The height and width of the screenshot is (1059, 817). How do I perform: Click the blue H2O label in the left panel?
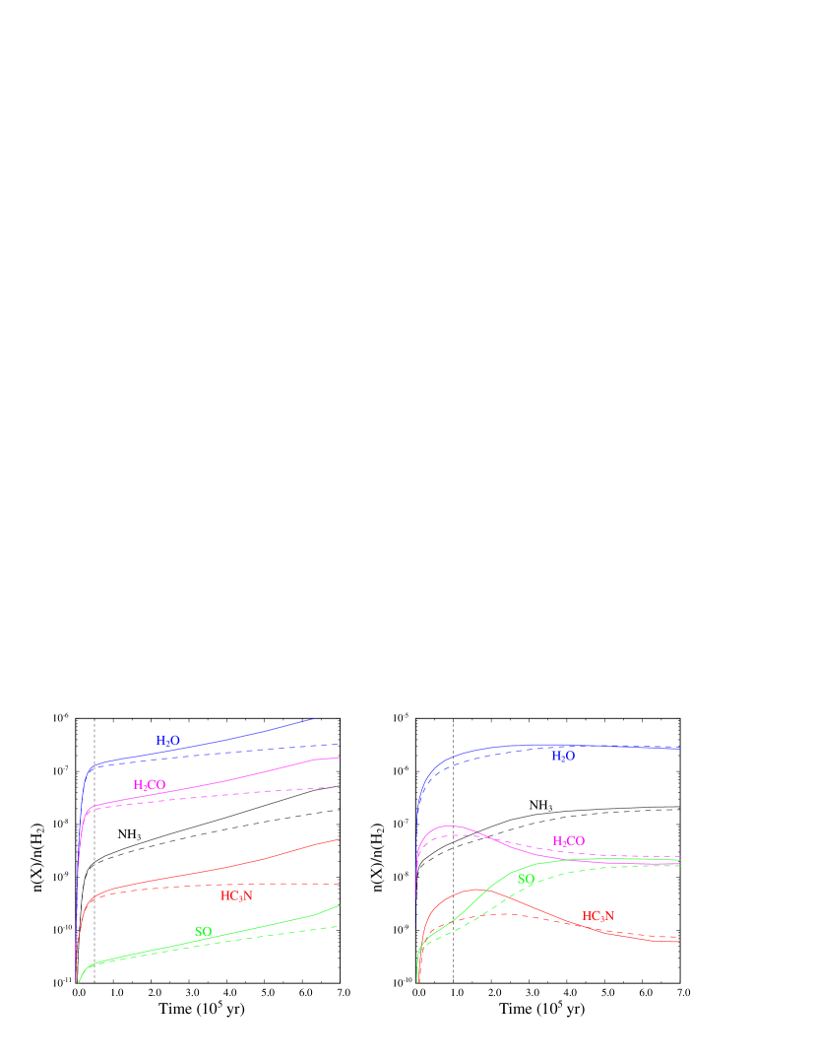point(167,740)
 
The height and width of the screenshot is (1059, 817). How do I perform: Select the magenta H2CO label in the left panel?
point(149,785)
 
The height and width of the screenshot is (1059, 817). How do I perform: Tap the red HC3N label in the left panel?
point(236,896)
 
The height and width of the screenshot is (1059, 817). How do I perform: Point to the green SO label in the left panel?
point(203,932)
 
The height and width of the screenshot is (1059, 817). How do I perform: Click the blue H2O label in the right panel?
point(562,757)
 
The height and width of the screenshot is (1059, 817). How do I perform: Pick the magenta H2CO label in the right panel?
point(568,841)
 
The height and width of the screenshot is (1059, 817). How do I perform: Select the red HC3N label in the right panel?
point(597,916)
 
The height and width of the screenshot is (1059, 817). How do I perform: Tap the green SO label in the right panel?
point(526,879)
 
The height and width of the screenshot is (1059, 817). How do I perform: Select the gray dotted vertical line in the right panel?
point(453,946)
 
